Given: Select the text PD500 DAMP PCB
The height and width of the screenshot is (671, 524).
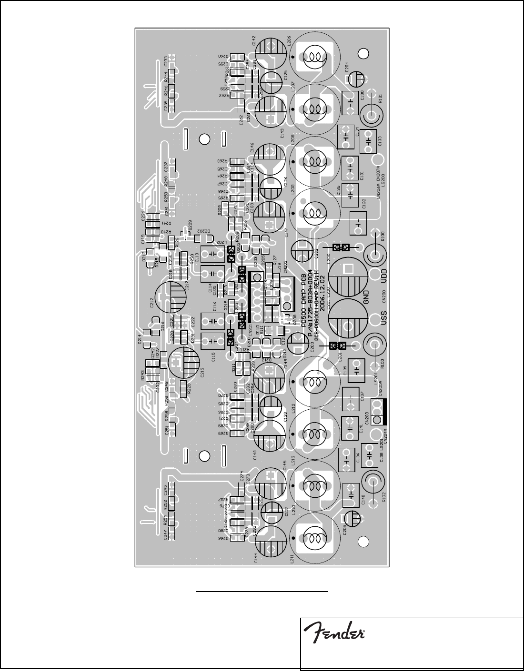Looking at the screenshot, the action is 304,292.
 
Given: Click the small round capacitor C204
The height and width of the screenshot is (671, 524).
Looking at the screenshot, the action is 355,79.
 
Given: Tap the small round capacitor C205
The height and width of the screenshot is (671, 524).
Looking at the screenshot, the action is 353,518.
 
